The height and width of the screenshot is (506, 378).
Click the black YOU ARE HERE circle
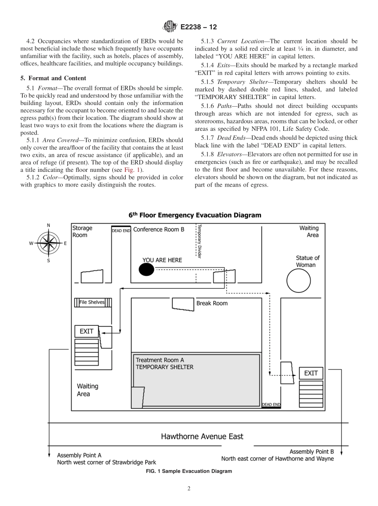point(146,270)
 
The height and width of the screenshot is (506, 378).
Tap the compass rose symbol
point(49,243)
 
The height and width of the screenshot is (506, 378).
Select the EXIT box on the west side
point(87,331)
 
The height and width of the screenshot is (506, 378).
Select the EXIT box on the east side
point(311,373)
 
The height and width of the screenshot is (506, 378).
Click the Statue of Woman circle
point(298,281)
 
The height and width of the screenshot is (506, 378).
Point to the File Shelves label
point(92,302)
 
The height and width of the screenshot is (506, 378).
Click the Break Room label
point(212,303)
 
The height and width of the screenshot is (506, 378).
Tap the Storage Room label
point(82,232)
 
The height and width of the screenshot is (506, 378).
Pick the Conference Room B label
point(158,230)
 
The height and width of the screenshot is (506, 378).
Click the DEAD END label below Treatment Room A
point(271,405)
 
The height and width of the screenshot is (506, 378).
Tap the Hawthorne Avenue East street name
point(202,436)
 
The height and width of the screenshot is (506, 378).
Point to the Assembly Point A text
point(79,455)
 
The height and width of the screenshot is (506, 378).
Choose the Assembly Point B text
point(312,452)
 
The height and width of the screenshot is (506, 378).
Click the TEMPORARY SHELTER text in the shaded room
point(165,367)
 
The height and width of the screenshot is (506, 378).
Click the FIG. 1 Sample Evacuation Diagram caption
point(189,471)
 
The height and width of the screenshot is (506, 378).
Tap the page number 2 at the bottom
point(189,489)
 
